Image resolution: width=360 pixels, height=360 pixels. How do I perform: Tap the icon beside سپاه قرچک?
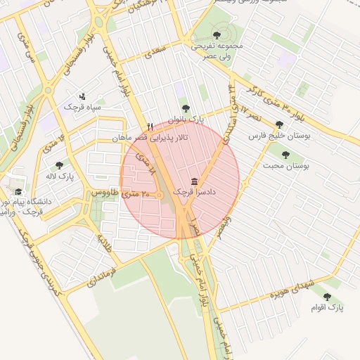click(82, 96)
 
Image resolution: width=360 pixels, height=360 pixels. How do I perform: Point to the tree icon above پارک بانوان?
click(185, 108)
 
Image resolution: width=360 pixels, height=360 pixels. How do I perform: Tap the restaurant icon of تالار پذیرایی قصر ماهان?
click(150, 127)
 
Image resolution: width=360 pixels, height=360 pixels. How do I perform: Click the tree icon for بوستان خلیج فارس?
click(279, 124)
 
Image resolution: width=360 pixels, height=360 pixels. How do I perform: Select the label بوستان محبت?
click(287, 166)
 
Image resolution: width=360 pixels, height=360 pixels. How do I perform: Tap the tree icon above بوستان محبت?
click(285, 154)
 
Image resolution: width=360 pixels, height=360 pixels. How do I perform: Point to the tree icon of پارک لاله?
click(59, 165)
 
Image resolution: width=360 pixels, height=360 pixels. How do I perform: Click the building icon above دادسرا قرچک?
click(194, 181)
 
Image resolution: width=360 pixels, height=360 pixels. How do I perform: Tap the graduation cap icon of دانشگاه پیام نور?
click(18, 191)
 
